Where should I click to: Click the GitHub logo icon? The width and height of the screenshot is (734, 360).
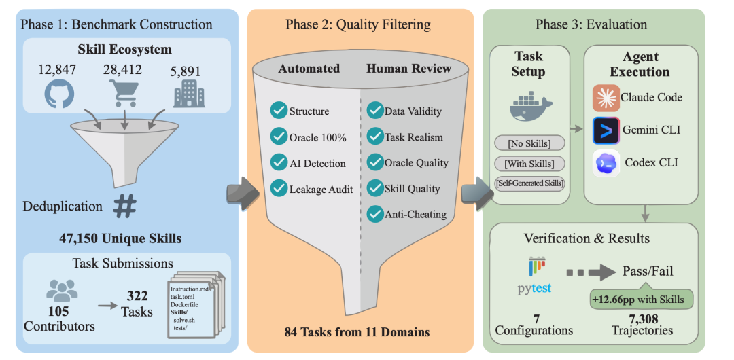pyautogui.click(x=59, y=94)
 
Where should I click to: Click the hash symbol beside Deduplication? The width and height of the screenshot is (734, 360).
pyautogui.click(x=124, y=206)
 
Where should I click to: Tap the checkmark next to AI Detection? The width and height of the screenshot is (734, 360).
pyautogui.click(x=278, y=163)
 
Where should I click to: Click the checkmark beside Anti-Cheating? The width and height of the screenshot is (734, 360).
pyautogui.click(x=375, y=214)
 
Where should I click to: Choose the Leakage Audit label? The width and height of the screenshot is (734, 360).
pyautogui.click(x=321, y=189)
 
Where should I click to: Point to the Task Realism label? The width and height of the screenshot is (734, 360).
pyautogui.click(x=413, y=137)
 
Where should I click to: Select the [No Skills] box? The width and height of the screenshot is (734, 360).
pyautogui.click(x=528, y=143)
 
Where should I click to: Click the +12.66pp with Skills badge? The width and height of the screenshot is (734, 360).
pyautogui.click(x=638, y=299)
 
